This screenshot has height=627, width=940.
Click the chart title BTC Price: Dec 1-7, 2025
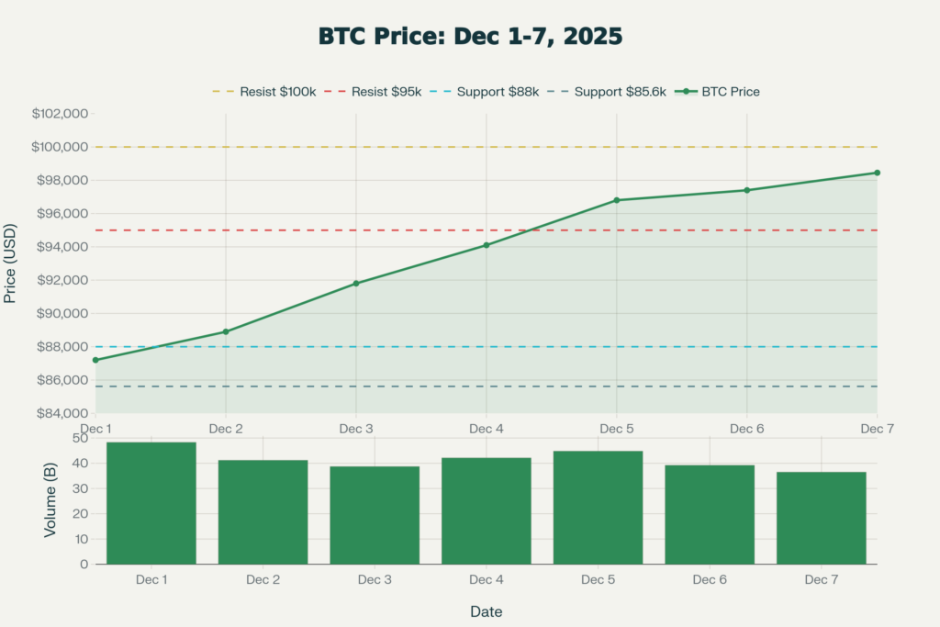470,37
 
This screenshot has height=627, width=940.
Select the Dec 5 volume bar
598,507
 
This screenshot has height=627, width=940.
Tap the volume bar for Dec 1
151,503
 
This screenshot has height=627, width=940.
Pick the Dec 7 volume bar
822,518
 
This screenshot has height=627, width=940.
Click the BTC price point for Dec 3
356,284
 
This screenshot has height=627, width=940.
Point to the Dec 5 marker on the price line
617,200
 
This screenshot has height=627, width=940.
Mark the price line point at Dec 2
226,331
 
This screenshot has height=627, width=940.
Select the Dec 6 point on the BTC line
746,190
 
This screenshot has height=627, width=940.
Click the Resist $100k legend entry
264,92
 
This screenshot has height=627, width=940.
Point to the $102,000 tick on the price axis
60,114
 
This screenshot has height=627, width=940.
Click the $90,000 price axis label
60,314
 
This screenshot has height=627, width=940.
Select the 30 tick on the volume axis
80,488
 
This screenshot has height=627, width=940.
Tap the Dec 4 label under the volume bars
486,579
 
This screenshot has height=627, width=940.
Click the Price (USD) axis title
11,263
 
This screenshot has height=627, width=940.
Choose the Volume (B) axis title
50,501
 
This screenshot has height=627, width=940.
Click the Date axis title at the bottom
486,611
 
